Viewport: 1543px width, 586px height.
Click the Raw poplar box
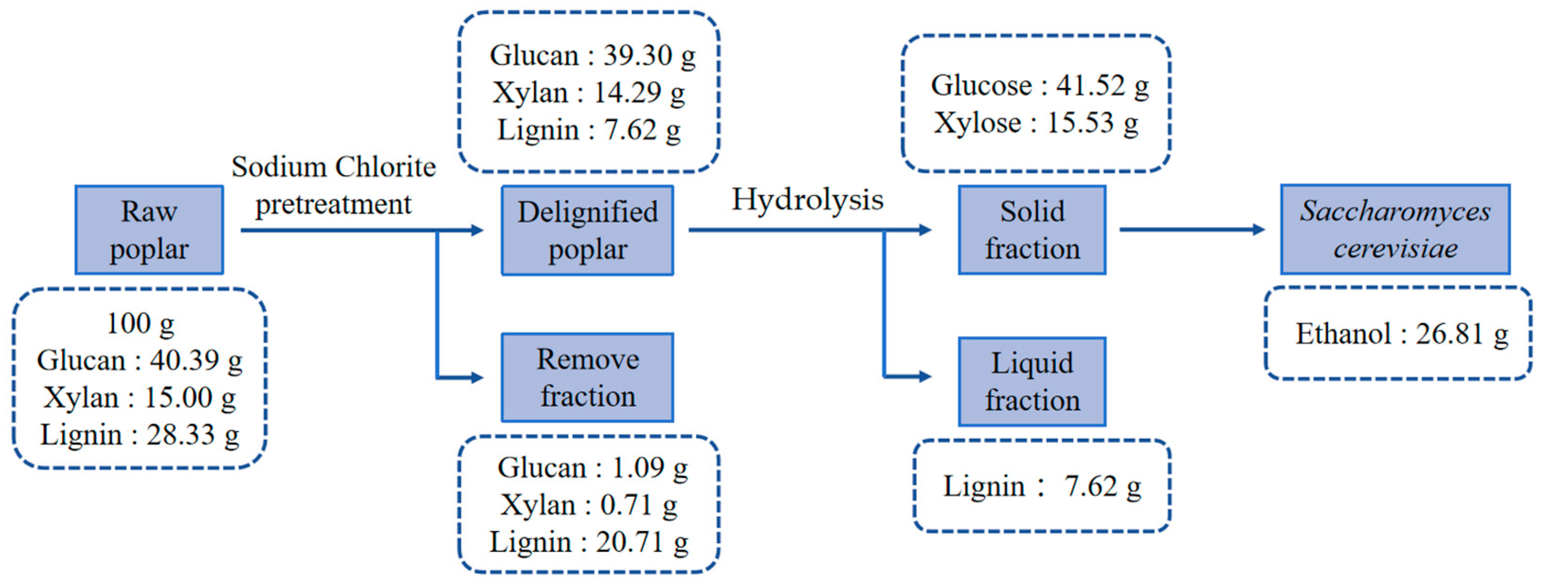(149, 230)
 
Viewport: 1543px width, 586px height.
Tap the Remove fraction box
(587, 378)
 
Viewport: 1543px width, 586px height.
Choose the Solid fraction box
(1032, 230)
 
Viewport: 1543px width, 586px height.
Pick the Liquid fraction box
(1032, 382)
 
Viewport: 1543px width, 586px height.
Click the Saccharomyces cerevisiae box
(1395, 229)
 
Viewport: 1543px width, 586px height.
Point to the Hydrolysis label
(807, 200)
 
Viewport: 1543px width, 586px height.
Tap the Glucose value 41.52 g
(1039, 86)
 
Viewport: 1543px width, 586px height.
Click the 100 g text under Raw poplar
(140, 323)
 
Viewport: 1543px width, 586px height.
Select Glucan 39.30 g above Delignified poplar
(592, 56)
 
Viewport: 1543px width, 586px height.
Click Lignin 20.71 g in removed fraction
(589, 543)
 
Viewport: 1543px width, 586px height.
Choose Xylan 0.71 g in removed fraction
(589, 505)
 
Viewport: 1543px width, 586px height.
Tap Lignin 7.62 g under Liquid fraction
(1042, 486)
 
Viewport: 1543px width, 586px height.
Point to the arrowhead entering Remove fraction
(477, 377)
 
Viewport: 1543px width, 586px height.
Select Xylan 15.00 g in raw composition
(140, 398)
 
